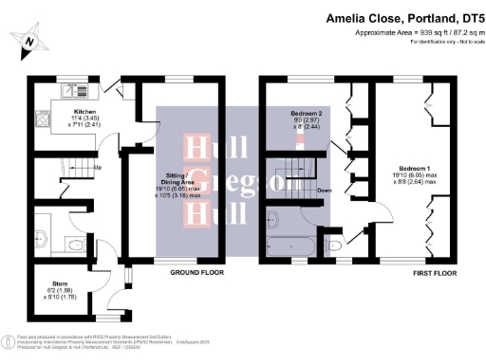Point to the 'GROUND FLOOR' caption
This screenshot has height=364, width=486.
click(196, 273)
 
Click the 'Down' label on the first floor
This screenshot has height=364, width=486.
click(324, 189)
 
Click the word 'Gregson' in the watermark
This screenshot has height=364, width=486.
click(209, 184)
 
